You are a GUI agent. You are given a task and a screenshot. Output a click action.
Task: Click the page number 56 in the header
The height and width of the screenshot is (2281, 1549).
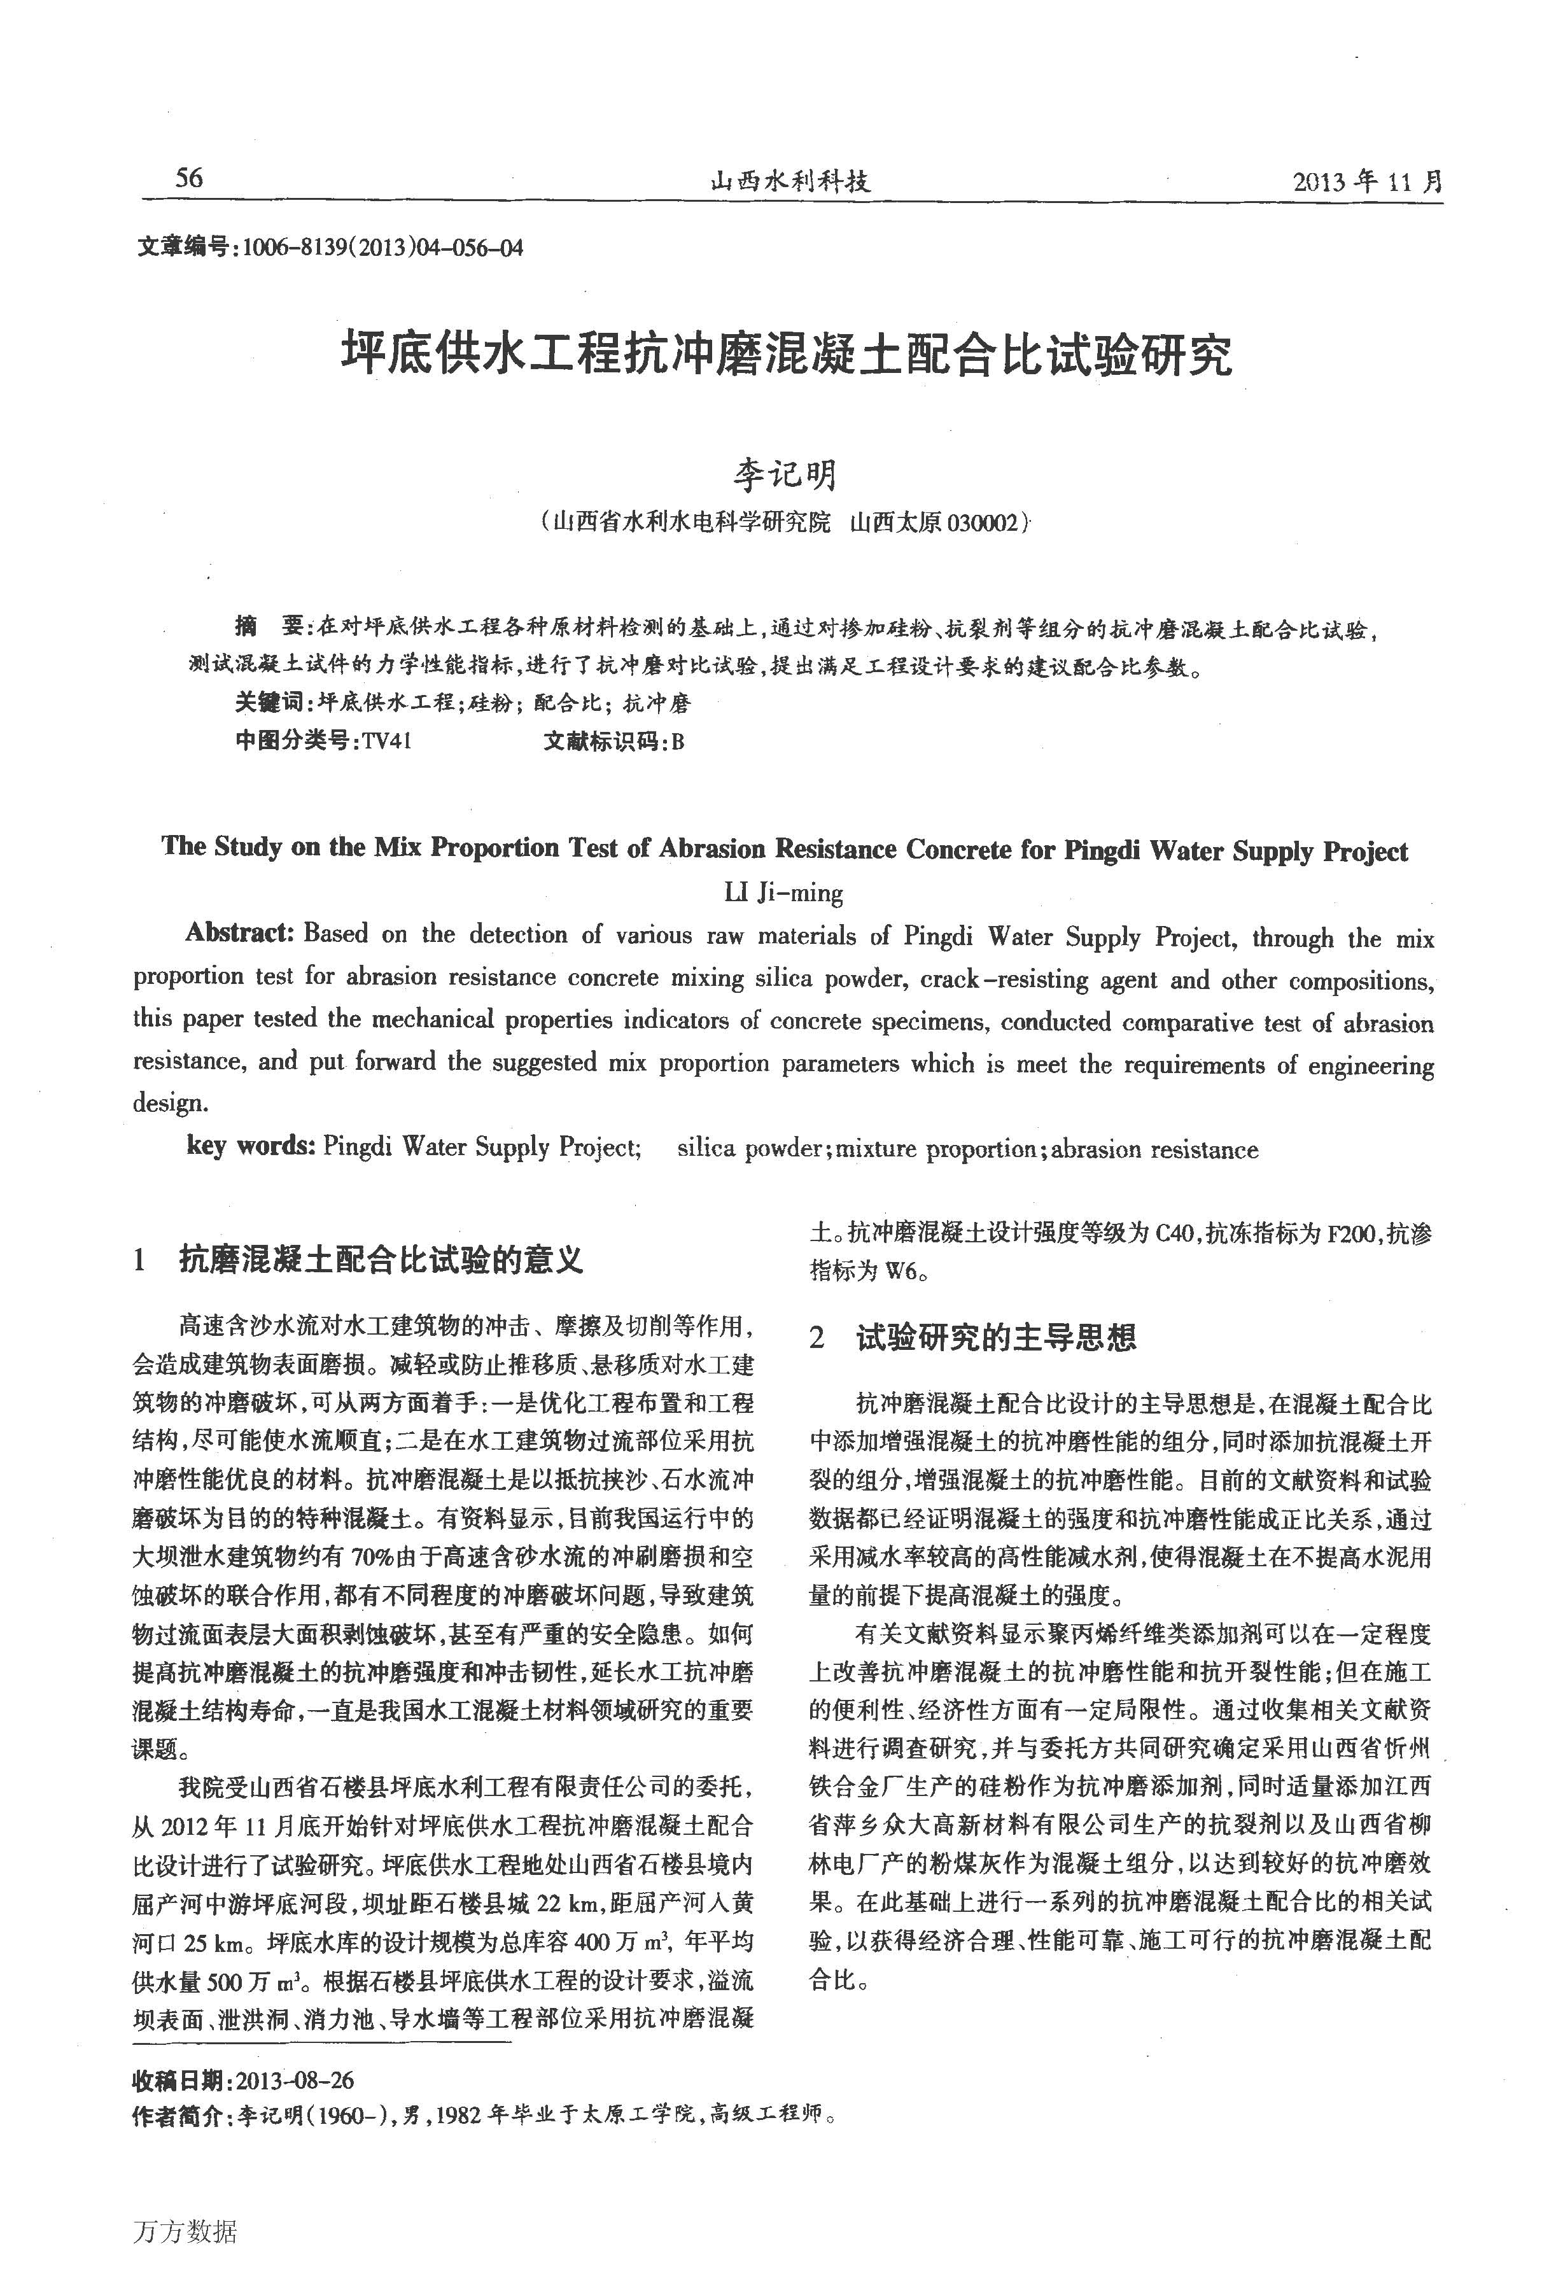pyautogui.click(x=188, y=178)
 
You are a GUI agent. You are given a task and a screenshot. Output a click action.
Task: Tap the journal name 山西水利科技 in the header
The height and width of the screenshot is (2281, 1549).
pyautogui.click(x=790, y=181)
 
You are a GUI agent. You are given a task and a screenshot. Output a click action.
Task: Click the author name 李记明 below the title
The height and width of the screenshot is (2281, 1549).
pyautogui.click(x=785, y=474)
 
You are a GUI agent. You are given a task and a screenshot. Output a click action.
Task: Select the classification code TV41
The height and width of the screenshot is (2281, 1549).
pyautogui.click(x=385, y=741)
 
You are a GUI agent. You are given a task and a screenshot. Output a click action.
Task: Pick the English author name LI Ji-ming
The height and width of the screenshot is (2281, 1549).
pyautogui.click(x=783, y=892)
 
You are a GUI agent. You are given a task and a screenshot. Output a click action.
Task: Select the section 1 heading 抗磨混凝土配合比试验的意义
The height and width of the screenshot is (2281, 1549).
pyautogui.click(x=381, y=1260)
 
